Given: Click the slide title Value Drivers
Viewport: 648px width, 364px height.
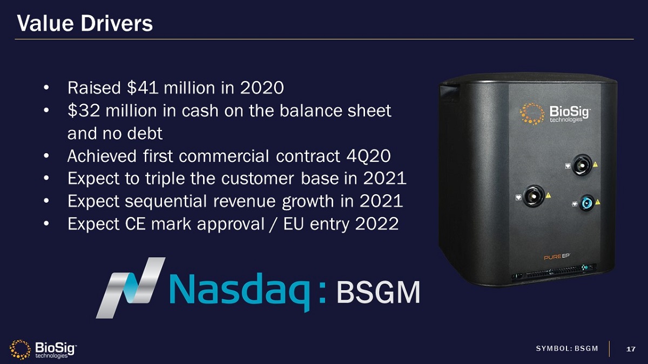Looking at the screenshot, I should pyautogui.click(x=85, y=23).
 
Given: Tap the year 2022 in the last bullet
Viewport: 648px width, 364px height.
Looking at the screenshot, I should pyautogui.click(x=376, y=224).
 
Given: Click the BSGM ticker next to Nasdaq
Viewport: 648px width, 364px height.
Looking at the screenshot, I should pyautogui.click(x=378, y=293).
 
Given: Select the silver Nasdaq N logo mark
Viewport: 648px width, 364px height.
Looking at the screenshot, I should pyautogui.click(x=130, y=287).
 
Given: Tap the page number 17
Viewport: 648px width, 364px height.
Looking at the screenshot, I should pyautogui.click(x=630, y=349).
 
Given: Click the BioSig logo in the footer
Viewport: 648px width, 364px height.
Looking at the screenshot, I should pyautogui.click(x=43, y=349).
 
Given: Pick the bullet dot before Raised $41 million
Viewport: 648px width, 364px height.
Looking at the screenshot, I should pyautogui.click(x=47, y=87).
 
